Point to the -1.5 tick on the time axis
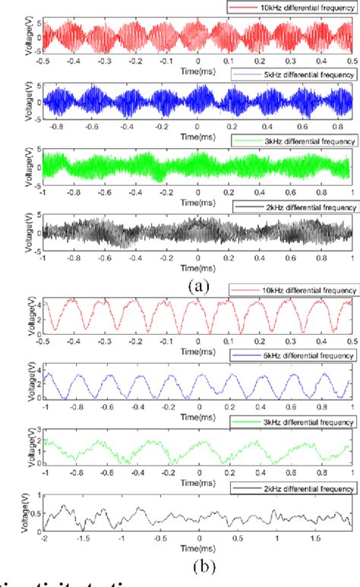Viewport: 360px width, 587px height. [81, 538]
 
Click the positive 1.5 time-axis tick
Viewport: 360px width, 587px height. [313, 538]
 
